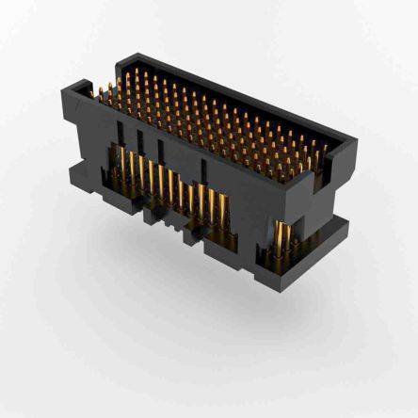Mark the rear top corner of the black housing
point(119,58)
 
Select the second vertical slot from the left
point(140,140)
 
